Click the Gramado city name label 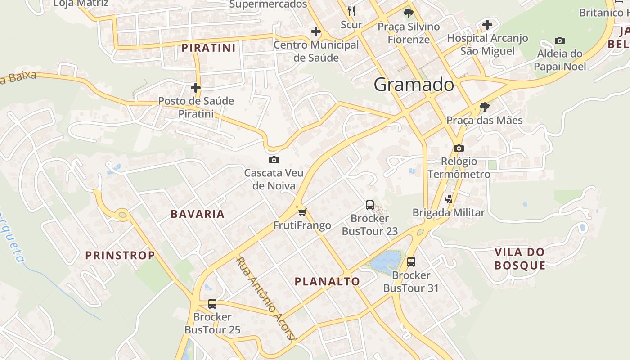[x=414, y=85]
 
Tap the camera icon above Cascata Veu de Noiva [x=274, y=160]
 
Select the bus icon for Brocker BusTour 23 [x=370, y=205]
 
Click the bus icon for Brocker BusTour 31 [x=411, y=261]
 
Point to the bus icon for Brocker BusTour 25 [x=212, y=304]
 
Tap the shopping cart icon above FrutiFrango [x=302, y=212]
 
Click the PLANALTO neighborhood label [x=327, y=282]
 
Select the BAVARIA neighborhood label [x=198, y=214]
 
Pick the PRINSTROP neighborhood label [x=120, y=255]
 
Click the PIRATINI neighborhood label [x=209, y=48]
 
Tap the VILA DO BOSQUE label [x=520, y=259]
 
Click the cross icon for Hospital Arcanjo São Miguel [x=487, y=25]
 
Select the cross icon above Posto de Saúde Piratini [x=196, y=87]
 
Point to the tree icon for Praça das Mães [x=484, y=107]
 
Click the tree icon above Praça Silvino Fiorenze [x=409, y=13]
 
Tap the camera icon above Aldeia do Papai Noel [x=560, y=40]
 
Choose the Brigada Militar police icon [x=448, y=199]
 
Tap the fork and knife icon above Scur [x=351, y=11]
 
